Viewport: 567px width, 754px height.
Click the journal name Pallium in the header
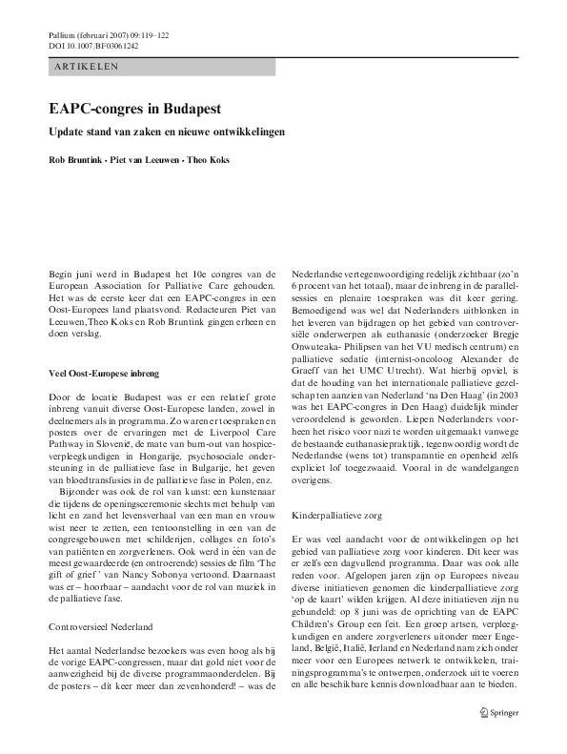pyautogui.click(x=62, y=34)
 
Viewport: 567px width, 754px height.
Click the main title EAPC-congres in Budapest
pyautogui.click(x=134, y=110)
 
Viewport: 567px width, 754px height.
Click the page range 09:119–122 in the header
pyautogui.click(x=147, y=34)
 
